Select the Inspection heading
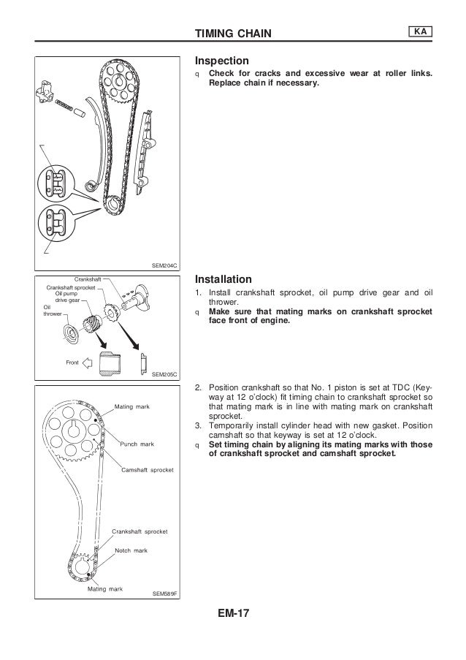pyautogui.click(x=221, y=61)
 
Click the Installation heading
pyautogui.click(x=223, y=279)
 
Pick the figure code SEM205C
pyautogui.click(x=166, y=373)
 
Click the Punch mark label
pyautogui.click(x=137, y=444)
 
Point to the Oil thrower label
pyautogui.click(x=52, y=311)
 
